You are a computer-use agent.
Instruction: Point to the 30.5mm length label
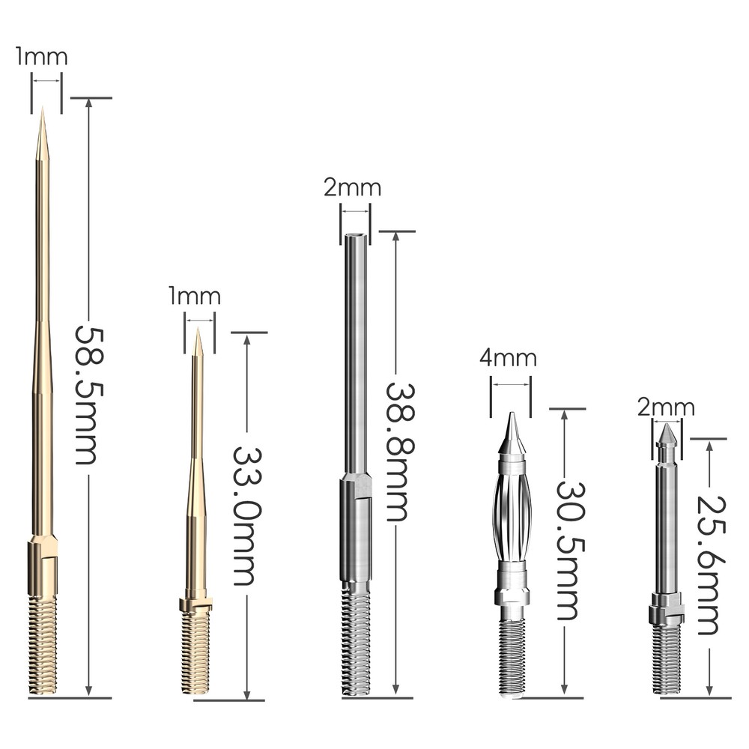[567, 550]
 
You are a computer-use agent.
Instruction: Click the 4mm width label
[509, 358]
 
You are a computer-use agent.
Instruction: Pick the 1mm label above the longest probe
[42, 57]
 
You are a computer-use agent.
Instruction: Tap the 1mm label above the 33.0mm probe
[195, 297]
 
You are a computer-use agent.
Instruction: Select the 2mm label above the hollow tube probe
[352, 187]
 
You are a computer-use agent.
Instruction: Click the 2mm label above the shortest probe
[666, 407]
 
